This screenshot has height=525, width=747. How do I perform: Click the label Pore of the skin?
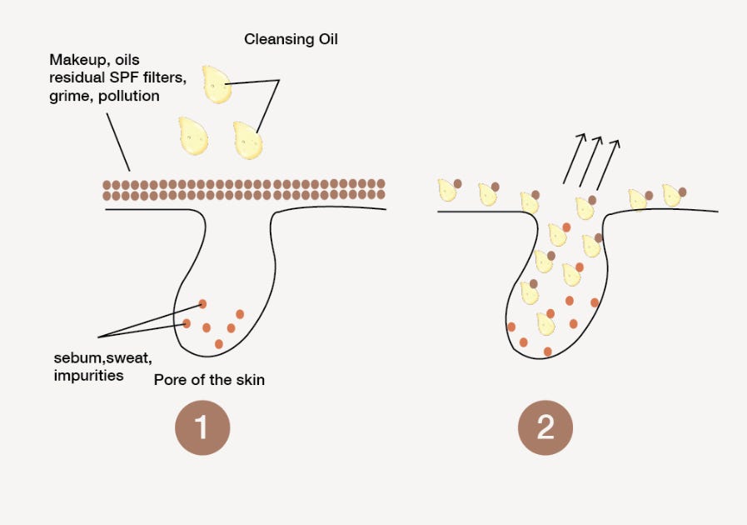[x=209, y=380]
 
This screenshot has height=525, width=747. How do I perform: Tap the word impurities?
[x=87, y=375]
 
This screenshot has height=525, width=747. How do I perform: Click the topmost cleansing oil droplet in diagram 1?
[x=217, y=85]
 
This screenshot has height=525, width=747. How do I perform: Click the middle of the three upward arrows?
[x=591, y=162]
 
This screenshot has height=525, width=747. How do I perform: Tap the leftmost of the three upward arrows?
[x=573, y=157]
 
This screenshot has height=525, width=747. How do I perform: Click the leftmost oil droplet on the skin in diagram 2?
[x=448, y=190]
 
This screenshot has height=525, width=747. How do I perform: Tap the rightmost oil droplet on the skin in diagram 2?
[x=671, y=195]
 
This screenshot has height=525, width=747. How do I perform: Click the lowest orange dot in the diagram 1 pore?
[x=219, y=343]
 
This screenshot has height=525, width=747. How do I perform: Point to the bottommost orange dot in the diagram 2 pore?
[x=547, y=351]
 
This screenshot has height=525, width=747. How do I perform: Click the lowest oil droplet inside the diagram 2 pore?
[x=545, y=323]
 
